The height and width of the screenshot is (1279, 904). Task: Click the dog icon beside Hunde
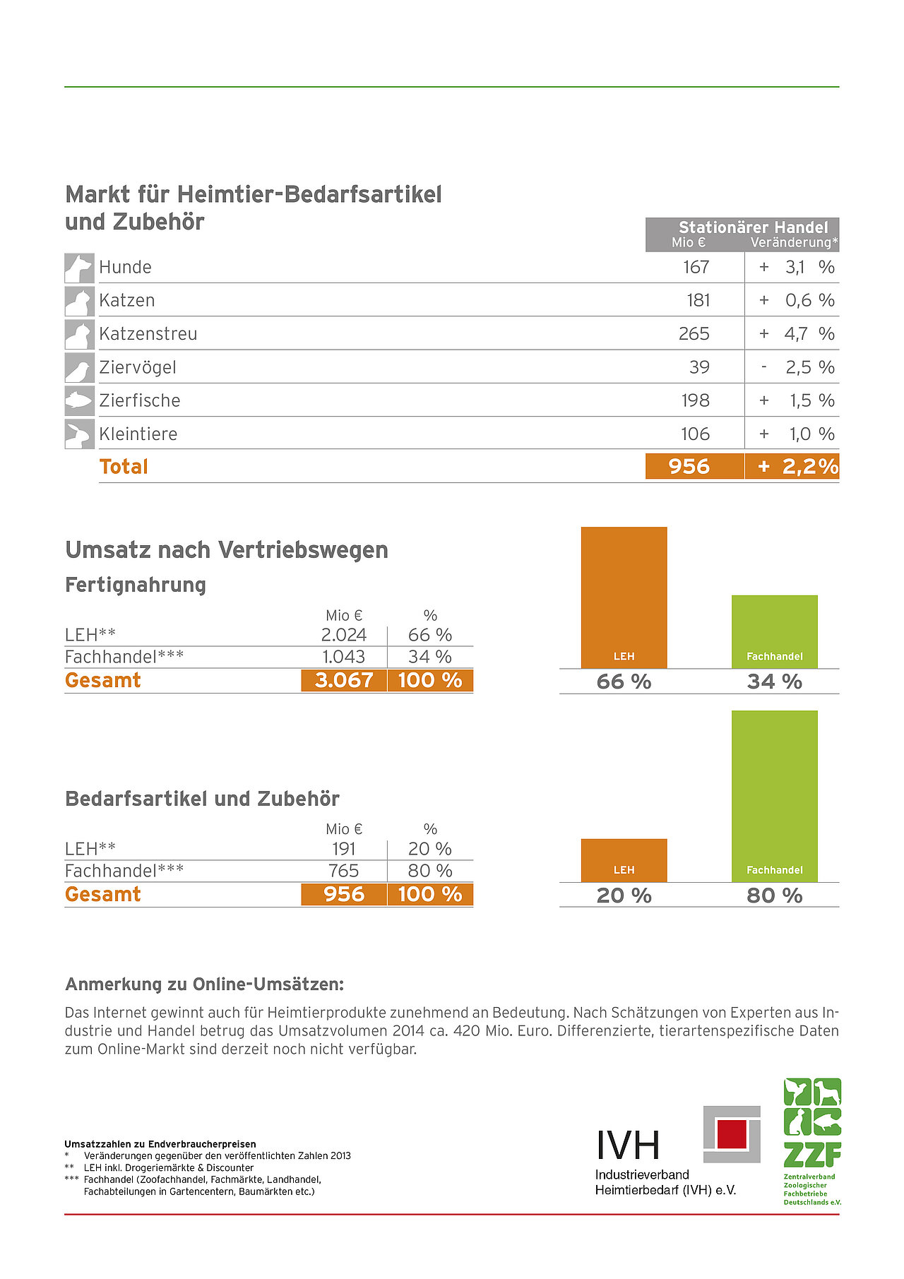click(x=79, y=268)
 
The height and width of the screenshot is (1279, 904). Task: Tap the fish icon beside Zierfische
click(x=79, y=400)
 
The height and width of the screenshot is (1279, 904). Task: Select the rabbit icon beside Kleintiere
click(x=79, y=434)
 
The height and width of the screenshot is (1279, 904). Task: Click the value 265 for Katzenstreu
click(x=694, y=333)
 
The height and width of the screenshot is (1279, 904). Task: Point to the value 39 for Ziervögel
click(x=699, y=367)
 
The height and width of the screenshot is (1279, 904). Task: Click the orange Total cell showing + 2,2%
click(x=792, y=466)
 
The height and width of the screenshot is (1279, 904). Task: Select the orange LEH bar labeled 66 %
click(x=624, y=597)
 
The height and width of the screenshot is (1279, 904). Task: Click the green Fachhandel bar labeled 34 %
click(x=774, y=631)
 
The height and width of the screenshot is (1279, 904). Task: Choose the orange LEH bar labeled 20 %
click(x=624, y=859)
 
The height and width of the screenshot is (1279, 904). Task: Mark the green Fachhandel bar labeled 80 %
click(x=774, y=795)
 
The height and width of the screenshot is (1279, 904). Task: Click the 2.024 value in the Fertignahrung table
click(x=344, y=635)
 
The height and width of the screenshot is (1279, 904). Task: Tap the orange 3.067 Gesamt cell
click(x=344, y=680)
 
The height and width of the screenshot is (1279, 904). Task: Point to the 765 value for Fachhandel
click(x=344, y=871)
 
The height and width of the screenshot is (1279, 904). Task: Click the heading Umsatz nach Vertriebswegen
click(x=227, y=549)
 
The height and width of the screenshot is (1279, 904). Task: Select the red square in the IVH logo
click(x=732, y=1134)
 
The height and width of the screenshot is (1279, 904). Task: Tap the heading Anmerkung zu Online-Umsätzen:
click(x=204, y=984)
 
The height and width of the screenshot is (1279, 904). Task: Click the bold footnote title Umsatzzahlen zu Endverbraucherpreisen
click(x=160, y=1144)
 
